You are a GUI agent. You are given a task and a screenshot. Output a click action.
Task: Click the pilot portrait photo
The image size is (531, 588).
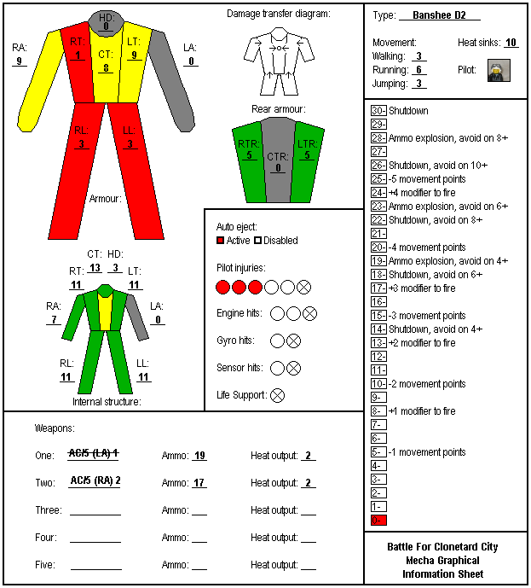499,70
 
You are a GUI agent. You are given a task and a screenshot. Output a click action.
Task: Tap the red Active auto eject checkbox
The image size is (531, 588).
220,241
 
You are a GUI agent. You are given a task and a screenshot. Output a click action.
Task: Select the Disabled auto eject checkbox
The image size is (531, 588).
257,241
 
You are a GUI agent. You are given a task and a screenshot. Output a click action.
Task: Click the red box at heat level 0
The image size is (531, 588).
378,520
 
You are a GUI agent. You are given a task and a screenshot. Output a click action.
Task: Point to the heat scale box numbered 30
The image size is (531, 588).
378,111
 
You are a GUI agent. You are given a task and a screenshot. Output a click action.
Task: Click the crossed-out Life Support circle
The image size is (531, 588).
277,395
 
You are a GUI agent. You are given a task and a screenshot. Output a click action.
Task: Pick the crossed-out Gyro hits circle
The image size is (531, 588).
293,341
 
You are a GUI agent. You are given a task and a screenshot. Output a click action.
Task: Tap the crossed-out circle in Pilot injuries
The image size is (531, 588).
303,288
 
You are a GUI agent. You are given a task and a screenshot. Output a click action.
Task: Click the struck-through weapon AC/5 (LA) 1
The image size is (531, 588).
94,453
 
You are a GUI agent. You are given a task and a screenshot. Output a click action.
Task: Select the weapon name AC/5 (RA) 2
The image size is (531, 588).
95,480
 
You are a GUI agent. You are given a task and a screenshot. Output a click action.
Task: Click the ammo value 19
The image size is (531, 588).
199,455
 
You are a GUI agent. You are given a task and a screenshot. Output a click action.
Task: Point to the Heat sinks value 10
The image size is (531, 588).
511,43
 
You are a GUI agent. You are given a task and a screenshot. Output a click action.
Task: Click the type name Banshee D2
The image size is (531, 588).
439,15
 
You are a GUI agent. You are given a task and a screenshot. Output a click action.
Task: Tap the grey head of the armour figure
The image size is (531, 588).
106,22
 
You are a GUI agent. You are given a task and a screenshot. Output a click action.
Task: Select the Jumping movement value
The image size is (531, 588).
419,84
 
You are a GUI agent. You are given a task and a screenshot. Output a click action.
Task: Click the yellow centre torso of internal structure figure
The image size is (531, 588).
105,311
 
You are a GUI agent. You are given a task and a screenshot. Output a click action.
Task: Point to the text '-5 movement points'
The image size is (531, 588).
427,179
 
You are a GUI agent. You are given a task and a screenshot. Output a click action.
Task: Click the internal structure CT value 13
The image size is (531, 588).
95,268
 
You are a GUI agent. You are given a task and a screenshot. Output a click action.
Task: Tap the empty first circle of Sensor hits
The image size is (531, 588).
277,369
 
